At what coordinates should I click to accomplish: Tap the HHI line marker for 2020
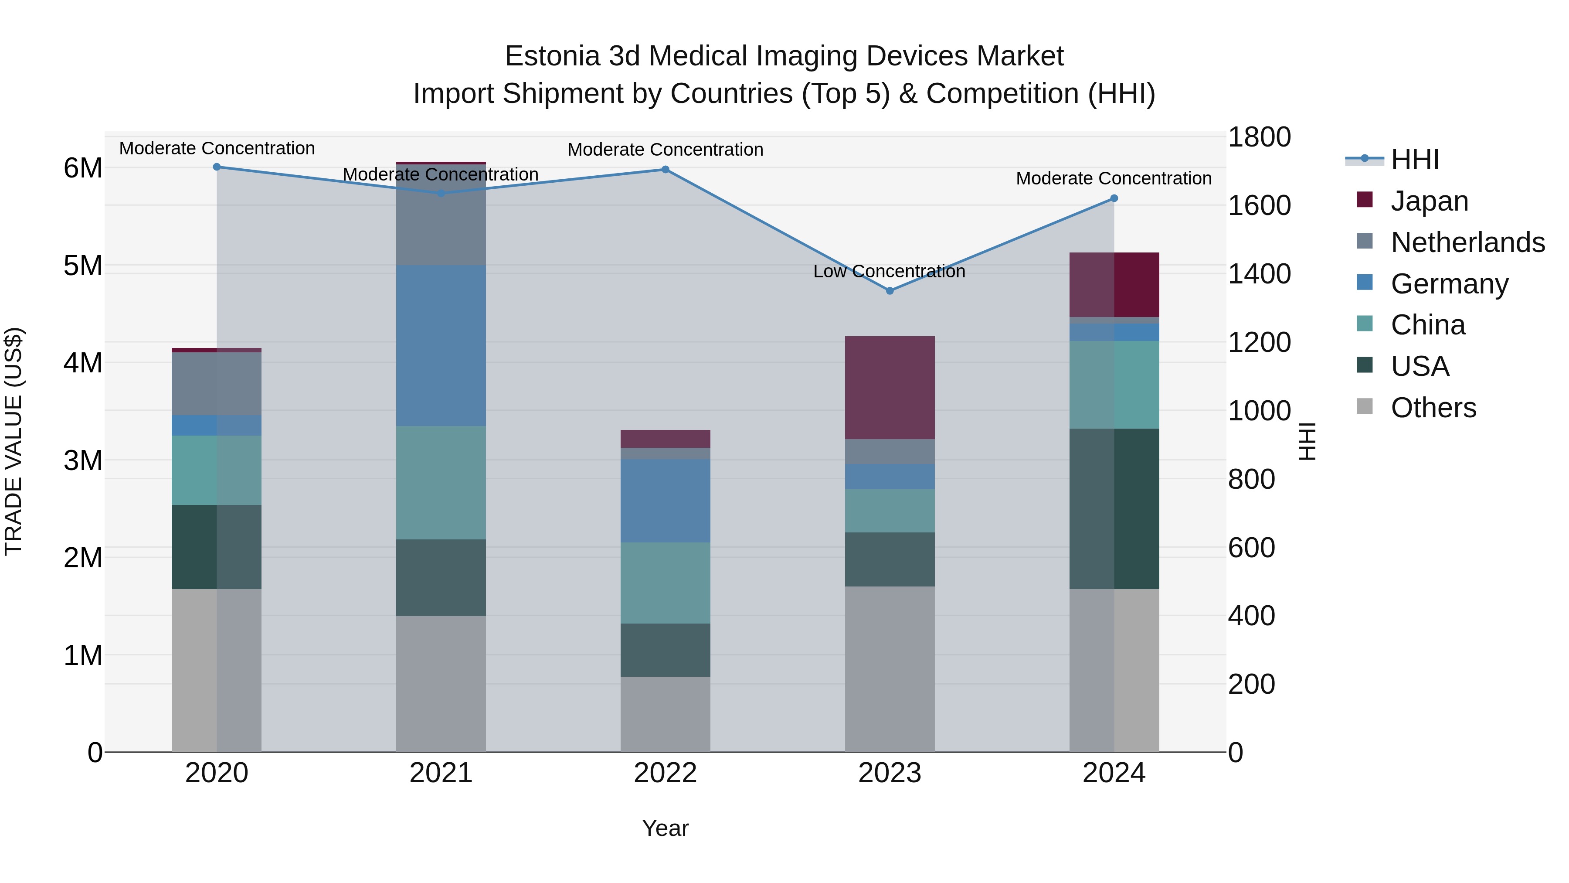tap(217, 167)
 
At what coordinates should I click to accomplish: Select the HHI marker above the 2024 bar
tap(1114, 198)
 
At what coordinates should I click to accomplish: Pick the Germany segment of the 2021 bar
tap(441, 345)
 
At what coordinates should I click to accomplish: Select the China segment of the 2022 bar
tap(665, 583)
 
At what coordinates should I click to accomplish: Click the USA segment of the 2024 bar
tap(1114, 508)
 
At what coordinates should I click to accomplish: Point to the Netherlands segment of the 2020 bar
tap(217, 383)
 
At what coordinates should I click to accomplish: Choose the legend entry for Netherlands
tap(1467, 242)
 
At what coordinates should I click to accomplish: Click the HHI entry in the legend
tap(1414, 160)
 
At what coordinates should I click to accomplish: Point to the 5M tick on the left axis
tap(83, 266)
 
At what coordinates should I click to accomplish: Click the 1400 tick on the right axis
tap(1258, 273)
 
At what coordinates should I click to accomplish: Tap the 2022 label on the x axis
tap(665, 773)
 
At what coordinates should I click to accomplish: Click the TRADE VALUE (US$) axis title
tap(14, 441)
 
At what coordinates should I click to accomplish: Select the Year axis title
tap(665, 828)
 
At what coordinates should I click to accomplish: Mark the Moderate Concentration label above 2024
tap(1114, 178)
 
